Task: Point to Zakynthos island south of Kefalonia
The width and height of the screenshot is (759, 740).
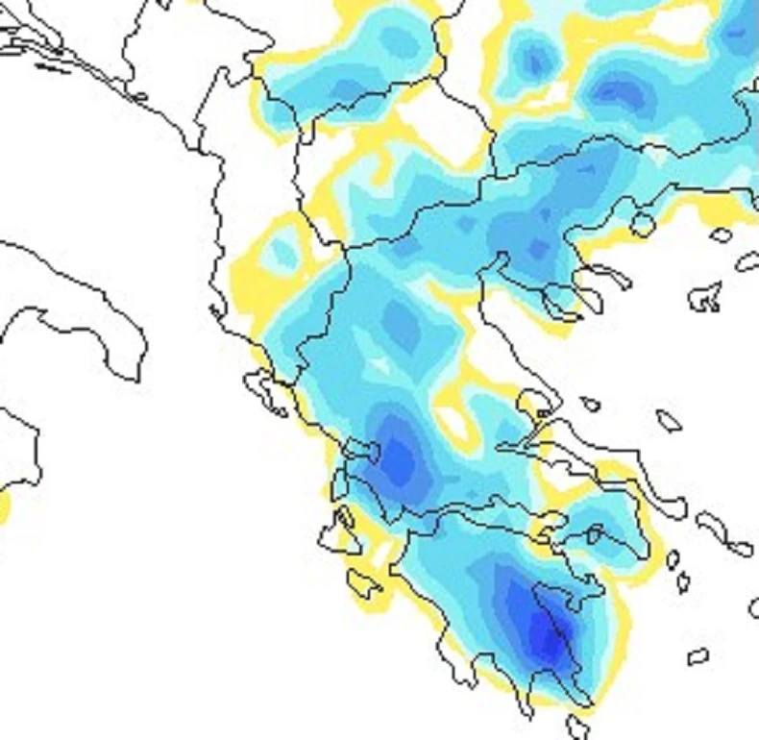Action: point(363,582)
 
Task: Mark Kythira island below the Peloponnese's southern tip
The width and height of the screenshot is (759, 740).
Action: point(577,725)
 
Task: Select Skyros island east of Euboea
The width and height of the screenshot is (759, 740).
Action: point(669,420)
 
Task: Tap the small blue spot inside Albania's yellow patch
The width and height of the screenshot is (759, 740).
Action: point(282,252)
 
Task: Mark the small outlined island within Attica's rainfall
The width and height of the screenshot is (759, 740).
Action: point(595,533)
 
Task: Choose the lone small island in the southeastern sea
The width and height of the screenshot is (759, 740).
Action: point(698,657)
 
